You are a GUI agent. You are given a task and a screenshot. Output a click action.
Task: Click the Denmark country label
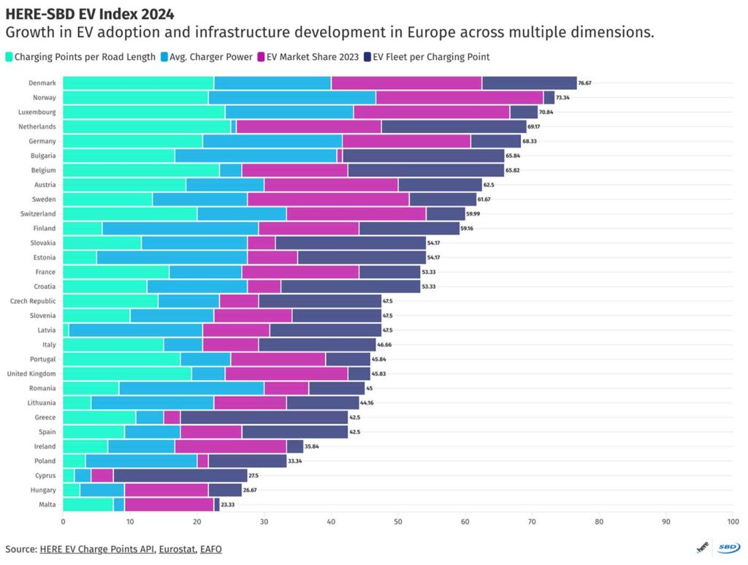click(42, 83)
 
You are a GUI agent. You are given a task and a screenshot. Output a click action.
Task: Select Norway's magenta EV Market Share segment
click(459, 97)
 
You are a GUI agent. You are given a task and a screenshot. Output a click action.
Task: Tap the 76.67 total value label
click(584, 83)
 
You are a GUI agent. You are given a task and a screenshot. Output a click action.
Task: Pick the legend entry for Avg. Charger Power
click(207, 57)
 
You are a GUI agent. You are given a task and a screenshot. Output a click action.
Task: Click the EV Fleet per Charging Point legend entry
click(427, 57)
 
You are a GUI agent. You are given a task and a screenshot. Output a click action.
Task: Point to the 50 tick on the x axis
click(398, 522)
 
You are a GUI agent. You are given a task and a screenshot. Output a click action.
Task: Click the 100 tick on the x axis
click(733, 522)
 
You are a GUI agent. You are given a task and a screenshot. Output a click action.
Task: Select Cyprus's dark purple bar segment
click(180, 475)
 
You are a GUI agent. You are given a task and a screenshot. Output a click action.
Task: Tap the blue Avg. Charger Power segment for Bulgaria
click(256, 156)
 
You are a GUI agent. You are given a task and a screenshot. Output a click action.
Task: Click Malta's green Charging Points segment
click(88, 504)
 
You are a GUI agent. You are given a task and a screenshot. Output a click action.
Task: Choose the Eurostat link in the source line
click(177, 549)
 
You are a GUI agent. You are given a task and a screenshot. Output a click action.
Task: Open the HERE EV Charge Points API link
click(97, 549)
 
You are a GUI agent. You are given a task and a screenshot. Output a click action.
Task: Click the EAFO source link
click(211, 549)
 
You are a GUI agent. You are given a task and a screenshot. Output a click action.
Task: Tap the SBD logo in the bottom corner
click(728, 547)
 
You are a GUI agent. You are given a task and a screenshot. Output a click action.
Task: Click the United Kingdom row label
click(31, 373)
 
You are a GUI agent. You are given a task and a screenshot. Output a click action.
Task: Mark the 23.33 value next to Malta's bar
click(228, 504)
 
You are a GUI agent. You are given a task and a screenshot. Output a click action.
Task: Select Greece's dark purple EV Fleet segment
click(264, 417)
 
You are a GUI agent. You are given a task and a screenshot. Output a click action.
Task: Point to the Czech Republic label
click(33, 301)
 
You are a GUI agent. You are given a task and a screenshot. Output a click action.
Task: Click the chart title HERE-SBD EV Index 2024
click(90, 15)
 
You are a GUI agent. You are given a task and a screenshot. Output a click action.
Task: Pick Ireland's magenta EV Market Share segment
click(231, 446)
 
